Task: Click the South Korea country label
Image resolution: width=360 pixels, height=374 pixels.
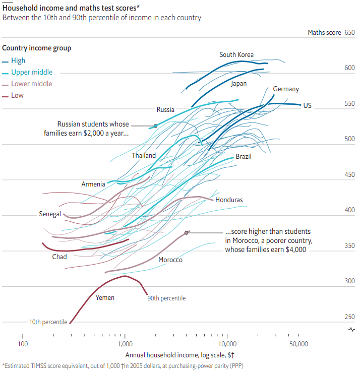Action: coord(236,54)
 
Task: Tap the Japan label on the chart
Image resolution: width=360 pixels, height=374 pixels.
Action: coord(239,84)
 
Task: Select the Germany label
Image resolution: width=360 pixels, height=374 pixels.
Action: coord(286,89)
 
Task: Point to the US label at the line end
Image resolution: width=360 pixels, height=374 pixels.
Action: coord(307,105)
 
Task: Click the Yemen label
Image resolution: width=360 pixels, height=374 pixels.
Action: coord(105,297)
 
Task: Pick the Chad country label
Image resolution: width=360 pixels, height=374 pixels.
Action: coord(59,257)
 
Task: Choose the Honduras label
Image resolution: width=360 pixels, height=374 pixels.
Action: coord(229,200)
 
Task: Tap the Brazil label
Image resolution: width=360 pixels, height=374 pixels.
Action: coord(244,157)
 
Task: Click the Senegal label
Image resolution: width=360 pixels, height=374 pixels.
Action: coord(50,214)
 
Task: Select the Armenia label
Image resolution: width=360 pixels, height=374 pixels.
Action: coord(93,184)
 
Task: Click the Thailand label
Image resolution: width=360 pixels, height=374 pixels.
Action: coord(144,155)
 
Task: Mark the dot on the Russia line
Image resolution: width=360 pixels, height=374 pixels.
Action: coord(155,126)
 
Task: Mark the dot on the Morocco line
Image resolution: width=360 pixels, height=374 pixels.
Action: coord(187,232)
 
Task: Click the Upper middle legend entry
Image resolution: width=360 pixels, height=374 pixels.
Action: coord(31,72)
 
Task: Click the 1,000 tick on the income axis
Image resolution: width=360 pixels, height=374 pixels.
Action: coord(125,344)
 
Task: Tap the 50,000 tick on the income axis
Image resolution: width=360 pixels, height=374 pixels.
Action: coord(298,344)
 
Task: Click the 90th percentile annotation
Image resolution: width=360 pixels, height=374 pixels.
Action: coord(166,298)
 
